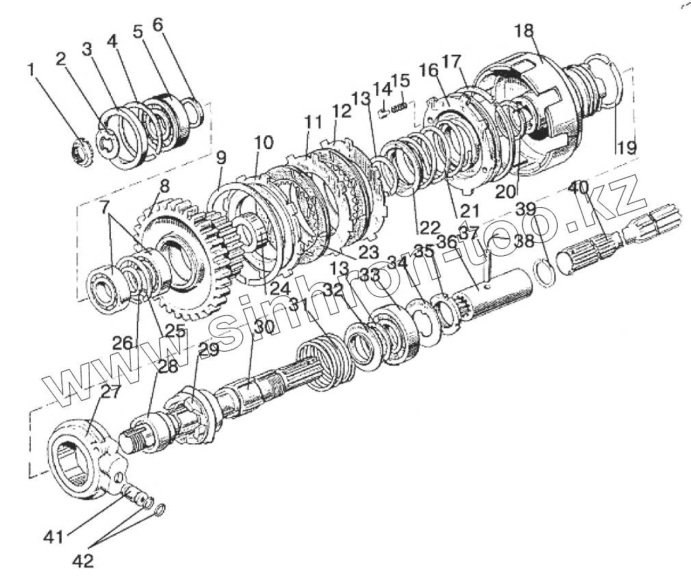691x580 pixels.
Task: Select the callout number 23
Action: pyautogui.click(x=369, y=252)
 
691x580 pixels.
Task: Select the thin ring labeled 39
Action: pyautogui.click(x=545, y=274)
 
